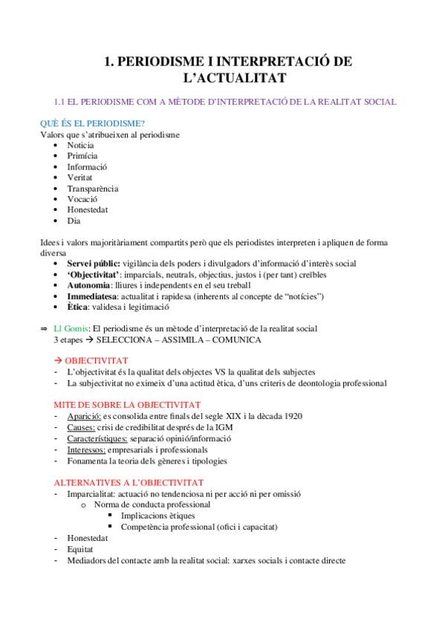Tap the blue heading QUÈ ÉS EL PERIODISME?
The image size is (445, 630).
tap(92, 123)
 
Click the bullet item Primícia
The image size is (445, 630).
tap(82, 157)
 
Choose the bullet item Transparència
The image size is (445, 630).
tap(92, 189)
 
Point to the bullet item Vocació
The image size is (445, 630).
tap(82, 199)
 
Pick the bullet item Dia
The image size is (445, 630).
tap(74, 221)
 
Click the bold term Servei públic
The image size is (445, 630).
tap(93, 264)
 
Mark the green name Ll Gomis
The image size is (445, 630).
tap(69, 328)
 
